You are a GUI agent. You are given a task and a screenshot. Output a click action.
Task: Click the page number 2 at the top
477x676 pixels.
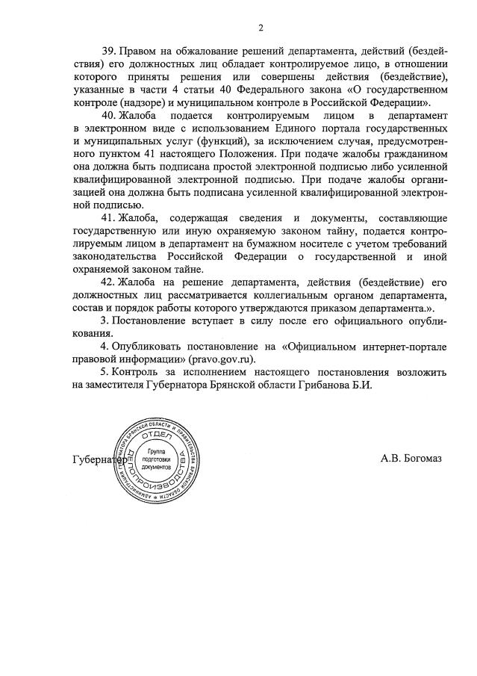pos(261,28)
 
